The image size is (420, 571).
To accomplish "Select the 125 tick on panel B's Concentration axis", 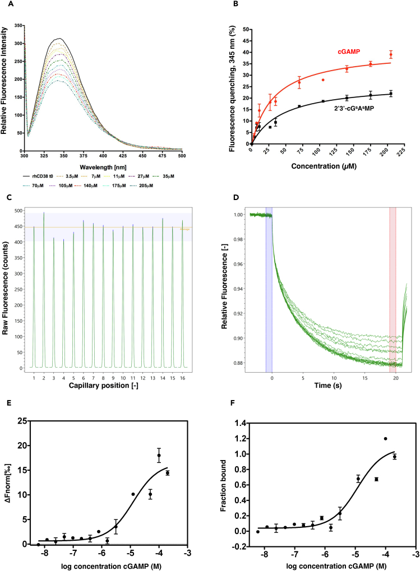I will [x=335, y=151].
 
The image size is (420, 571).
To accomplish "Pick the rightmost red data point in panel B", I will [x=391, y=54].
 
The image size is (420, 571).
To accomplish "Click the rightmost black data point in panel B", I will [x=391, y=94].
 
